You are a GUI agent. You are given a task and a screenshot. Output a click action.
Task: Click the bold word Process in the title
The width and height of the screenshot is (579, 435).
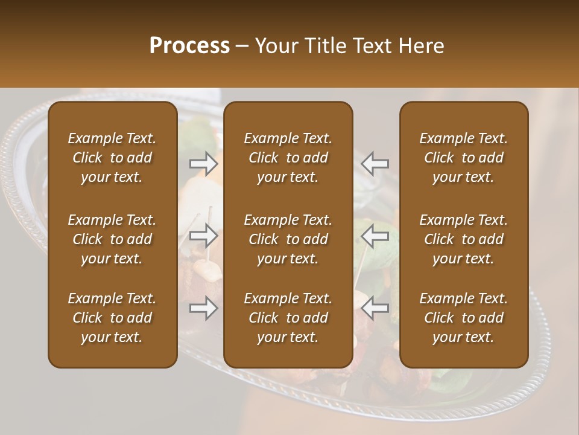pos(189,46)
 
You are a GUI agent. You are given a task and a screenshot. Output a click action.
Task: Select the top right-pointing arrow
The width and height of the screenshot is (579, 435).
pos(203,163)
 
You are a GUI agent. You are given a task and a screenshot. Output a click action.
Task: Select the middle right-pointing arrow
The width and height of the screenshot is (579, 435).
pos(203,235)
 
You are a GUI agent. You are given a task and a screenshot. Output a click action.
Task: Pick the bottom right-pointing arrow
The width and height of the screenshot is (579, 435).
pos(203,308)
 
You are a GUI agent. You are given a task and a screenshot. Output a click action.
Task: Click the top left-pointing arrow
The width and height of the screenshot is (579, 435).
pos(375,163)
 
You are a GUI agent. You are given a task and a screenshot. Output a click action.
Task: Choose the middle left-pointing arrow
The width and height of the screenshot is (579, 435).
pos(375,235)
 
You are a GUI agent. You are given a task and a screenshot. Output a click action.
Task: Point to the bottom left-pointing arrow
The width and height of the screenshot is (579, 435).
pos(375,308)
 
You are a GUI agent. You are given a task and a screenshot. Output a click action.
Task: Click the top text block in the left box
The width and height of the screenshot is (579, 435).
pos(112,158)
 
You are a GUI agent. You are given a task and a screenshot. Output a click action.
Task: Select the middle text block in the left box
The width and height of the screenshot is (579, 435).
pos(112,239)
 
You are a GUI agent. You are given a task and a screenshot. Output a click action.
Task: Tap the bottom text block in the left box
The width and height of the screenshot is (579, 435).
pos(112,318)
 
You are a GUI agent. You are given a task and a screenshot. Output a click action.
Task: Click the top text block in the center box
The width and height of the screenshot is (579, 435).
pos(288,158)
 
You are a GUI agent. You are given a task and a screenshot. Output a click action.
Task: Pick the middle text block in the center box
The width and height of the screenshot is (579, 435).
pos(288,239)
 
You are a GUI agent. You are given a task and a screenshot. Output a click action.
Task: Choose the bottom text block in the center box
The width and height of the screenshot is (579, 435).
pos(288,318)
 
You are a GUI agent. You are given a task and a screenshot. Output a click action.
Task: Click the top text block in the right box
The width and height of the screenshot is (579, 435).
pos(463,158)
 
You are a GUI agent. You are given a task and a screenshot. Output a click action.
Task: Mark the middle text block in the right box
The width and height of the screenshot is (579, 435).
pos(463,239)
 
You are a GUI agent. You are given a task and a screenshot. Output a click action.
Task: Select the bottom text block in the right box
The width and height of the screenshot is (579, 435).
pos(463,318)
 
